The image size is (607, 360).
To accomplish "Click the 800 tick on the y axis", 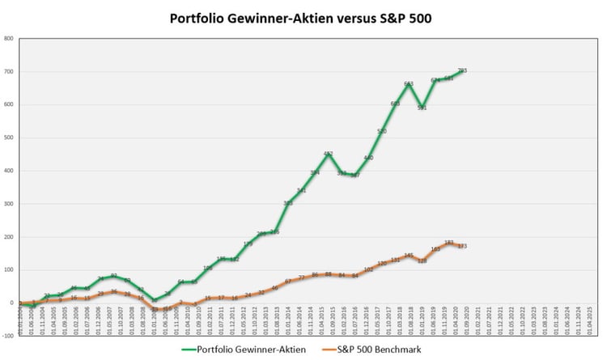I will [8, 38].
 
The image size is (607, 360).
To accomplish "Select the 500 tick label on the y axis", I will [8, 138].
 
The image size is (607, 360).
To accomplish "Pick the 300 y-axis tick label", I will [8, 204].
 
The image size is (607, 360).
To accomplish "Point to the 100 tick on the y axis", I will [8, 270].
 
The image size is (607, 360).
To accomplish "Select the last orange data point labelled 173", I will [462, 246].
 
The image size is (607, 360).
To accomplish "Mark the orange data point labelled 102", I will [368, 269].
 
